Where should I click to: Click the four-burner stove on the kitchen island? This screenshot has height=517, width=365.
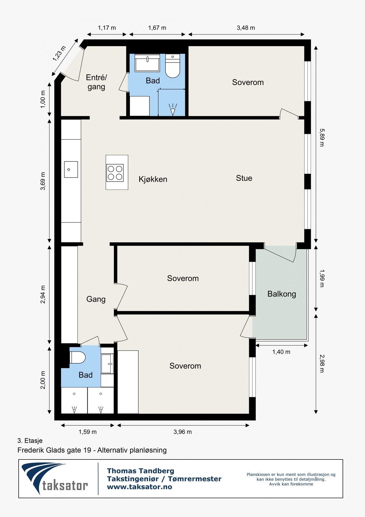coord(115,173)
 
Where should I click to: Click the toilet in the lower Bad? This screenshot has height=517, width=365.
coord(78,358)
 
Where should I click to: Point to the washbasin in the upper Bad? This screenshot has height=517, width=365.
coord(147,63)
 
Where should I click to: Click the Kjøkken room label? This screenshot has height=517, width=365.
coord(153,179)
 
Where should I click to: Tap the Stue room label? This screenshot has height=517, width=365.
coord(244,178)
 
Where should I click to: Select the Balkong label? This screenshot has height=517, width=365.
coord(282,294)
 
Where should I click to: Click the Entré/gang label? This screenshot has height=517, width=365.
coord(96,82)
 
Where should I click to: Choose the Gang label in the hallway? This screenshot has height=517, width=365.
coord(96,299)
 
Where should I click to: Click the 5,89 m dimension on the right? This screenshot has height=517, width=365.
coord(322,138)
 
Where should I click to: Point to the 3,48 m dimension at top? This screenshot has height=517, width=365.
coord(246,28)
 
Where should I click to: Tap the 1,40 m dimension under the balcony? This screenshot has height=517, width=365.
coord(281,352)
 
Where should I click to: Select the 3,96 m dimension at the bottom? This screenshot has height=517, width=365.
coord(183,432)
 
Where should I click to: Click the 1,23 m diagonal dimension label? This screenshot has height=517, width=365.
coord(59,53)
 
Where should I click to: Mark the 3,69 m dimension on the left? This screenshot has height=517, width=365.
coord(43,181)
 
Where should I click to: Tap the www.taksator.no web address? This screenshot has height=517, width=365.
coord(139,487)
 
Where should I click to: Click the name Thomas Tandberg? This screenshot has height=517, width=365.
coord(140,471)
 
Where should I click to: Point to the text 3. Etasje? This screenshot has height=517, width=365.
coord(30,441)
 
